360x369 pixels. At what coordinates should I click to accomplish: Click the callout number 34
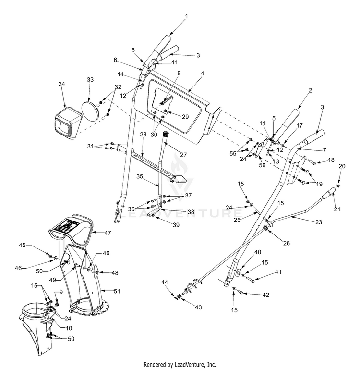(62, 84)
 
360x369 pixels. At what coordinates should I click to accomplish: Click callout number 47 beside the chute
(108, 233)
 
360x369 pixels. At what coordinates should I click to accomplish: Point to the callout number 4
(202, 73)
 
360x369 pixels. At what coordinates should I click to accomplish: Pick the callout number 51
(117, 291)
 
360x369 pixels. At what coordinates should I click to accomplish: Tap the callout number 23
(319, 222)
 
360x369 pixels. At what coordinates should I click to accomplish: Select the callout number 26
(287, 243)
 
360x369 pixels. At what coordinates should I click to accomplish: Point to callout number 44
(164, 282)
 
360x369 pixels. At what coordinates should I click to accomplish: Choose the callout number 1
(186, 16)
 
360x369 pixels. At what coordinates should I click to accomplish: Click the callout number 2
(311, 90)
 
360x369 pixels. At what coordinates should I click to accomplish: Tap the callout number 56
(262, 165)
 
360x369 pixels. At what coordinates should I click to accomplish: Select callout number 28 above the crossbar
(143, 135)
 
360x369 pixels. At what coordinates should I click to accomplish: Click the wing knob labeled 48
(96, 272)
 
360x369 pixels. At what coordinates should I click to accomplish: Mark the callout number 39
(176, 225)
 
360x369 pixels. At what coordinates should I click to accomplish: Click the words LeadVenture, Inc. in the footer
(195, 365)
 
